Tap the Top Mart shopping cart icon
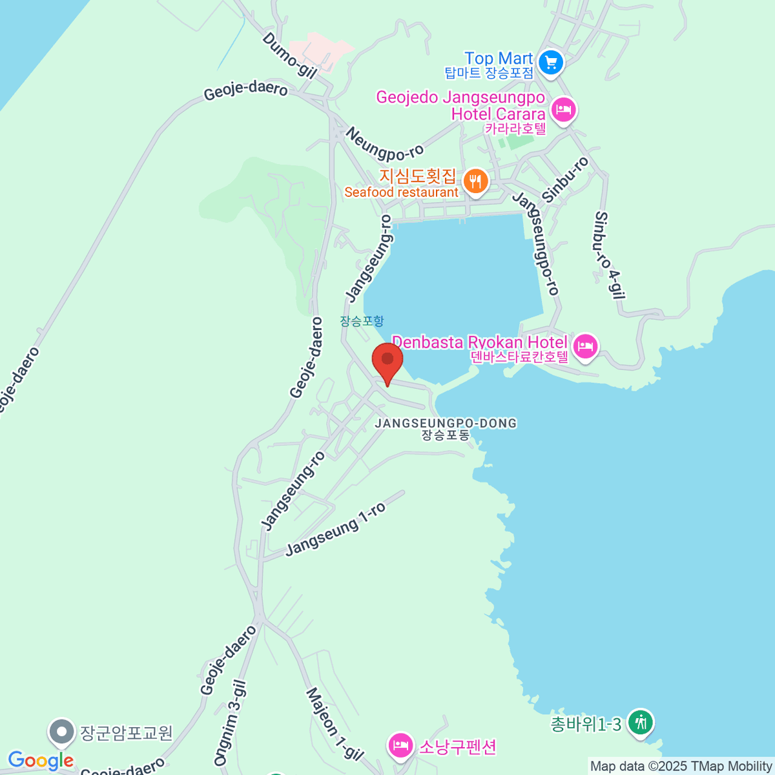[551, 63]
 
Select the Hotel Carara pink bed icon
[564, 109]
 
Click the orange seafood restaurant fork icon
[476, 181]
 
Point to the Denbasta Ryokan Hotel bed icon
[585, 346]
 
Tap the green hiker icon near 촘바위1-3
[641, 722]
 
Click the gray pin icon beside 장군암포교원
[63, 732]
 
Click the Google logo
[41, 761]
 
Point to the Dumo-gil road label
[289, 56]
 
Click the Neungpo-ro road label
[384, 144]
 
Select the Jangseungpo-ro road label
[535, 244]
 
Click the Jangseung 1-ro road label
[335, 528]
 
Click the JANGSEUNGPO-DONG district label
[446, 424]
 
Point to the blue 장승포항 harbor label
[362, 321]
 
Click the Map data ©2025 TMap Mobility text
[681, 766]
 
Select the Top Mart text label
[499, 59]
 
